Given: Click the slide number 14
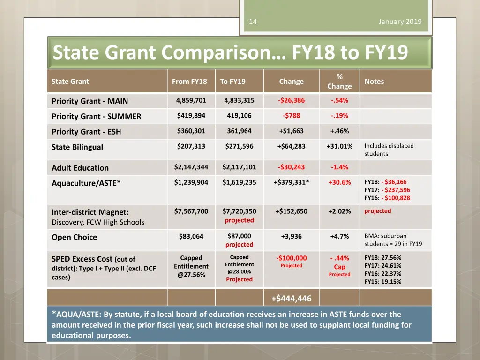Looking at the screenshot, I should tap(253, 22).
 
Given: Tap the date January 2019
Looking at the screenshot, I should tap(400, 22).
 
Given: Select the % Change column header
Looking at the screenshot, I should tap(339, 82).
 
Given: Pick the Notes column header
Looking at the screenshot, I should tap(374, 82).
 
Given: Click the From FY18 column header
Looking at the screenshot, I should tap(189, 82).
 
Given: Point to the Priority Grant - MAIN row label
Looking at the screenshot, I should tap(90, 101).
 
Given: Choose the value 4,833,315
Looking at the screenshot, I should tap(239, 100).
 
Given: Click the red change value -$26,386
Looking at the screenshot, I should tap(291, 100).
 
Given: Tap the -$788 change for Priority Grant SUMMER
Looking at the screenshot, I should tap(291, 116).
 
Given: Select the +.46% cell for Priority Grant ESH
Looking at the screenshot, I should tap(339, 131).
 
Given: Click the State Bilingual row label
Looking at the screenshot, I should tap(77, 147).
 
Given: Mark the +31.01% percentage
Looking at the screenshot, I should tap(339, 146).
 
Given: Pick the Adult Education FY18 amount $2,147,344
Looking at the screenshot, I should tap(191, 167).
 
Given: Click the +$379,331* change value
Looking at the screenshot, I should tap(291, 182).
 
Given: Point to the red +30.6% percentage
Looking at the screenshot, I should tap(339, 182).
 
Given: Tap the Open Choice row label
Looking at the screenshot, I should tap(74, 237).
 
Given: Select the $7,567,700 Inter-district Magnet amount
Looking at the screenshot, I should tap(191, 211).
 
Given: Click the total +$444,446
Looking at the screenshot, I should tap(291, 298).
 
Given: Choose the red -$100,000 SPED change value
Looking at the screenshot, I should tap(291, 258).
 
